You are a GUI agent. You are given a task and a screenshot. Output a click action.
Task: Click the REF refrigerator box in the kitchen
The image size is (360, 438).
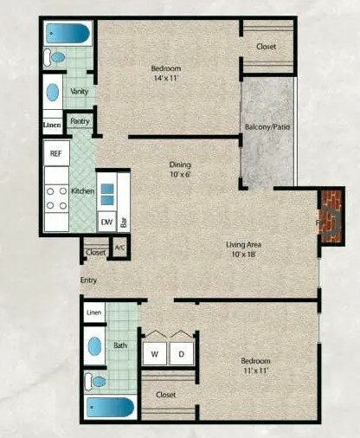coord(56,153)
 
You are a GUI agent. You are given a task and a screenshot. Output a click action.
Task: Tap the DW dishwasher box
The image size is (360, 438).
coord(107,222)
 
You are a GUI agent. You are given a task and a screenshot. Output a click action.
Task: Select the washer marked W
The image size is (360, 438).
coord(155,353)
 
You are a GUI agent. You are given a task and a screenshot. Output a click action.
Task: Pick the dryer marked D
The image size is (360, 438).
coord(182,353)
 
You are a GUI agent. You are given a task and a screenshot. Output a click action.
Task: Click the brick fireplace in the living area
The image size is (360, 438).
coord(331,216)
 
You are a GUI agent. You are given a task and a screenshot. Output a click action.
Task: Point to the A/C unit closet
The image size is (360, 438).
coord(120,248)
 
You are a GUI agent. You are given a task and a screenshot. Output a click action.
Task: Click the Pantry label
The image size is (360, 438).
coord(80,121)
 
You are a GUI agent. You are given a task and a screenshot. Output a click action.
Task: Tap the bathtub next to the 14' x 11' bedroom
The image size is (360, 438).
coord(68,34)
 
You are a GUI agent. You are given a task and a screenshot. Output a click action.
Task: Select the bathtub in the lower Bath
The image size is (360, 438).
coord(110,407)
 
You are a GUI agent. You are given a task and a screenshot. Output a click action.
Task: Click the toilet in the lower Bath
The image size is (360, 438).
coord(96,382)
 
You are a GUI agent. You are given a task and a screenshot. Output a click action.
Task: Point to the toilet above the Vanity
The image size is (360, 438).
coord(55,57)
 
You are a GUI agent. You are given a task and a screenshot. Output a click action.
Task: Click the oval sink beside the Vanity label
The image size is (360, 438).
coord(53,92)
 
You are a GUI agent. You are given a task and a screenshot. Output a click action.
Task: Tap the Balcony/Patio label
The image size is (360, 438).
coord(267,127)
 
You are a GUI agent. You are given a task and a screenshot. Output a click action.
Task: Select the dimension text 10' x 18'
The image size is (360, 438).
coord(244,254)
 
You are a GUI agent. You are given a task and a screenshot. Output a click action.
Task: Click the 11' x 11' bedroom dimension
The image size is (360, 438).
coord(256,370)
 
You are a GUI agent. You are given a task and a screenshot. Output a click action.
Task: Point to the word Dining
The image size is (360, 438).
coord(180,164)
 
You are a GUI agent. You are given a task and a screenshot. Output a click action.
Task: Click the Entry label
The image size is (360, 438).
coord(88,280)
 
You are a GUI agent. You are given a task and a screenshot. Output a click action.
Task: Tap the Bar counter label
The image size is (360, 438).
coord(125,222)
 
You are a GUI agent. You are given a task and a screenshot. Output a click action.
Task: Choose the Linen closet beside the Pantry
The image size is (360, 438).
coord(53,126)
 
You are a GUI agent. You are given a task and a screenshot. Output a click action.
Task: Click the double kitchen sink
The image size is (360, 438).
coord(107,195)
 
